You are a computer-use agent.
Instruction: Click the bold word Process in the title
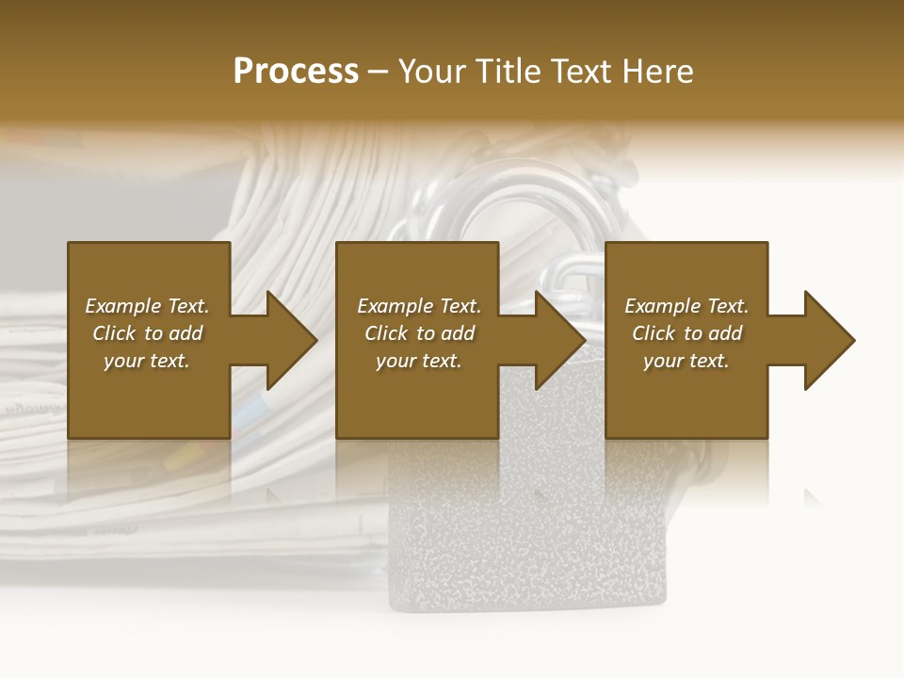click(296, 72)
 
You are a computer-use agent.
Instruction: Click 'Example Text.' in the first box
click(148, 306)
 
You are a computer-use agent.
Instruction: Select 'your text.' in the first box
click(147, 361)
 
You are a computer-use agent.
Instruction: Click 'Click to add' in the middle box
click(419, 333)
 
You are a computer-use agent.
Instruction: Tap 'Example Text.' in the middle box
click(419, 306)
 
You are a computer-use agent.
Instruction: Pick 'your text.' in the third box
click(686, 361)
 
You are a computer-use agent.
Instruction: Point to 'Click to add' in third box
click(686, 333)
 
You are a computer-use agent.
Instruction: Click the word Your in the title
click(434, 72)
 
